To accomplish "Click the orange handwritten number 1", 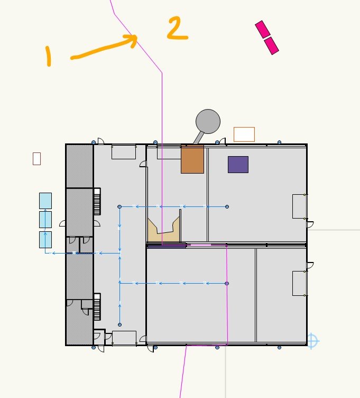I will [x=48, y=56].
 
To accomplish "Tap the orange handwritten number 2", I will [x=177, y=29].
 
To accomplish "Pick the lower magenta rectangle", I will [x=271, y=46].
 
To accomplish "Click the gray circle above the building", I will [x=208, y=121].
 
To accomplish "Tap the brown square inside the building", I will [x=192, y=159].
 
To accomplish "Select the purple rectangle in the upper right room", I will [x=238, y=164].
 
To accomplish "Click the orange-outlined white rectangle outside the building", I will [x=244, y=134].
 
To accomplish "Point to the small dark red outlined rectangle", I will [x=36, y=158].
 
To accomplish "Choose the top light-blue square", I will [x=45, y=201].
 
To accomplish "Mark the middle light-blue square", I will [x=45, y=220].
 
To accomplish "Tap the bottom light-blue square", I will [x=45, y=239].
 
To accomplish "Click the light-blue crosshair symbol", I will [x=312, y=341].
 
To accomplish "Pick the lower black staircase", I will [x=97, y=307].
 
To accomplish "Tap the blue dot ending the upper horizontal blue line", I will [x=227, y=206].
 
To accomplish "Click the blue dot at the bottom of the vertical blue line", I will [x=120, y=324].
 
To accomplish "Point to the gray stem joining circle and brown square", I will [x=198, y=138].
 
